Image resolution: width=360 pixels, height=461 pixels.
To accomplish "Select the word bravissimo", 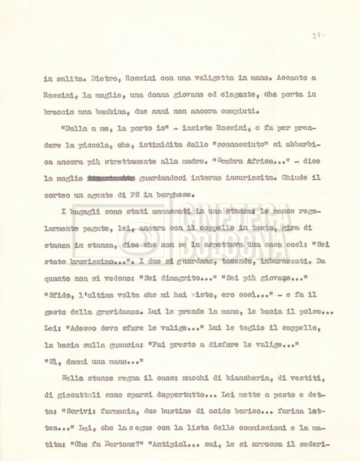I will pos(102,260).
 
